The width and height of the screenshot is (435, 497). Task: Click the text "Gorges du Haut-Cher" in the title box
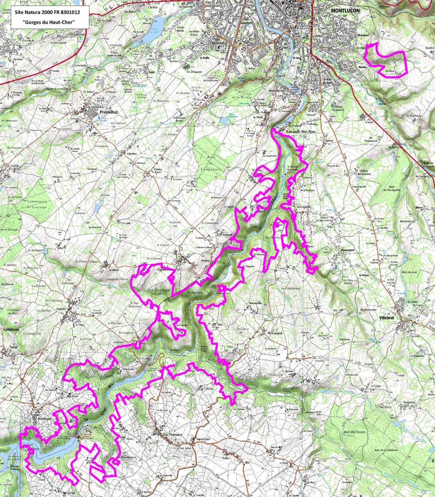point(49,22)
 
